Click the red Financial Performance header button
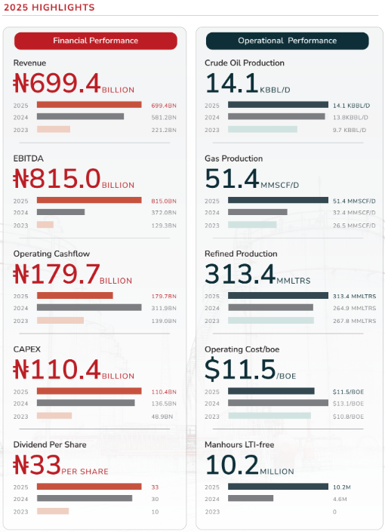tap(96, 41)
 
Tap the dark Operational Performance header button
tap(287, 41)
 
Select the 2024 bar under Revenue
tap(81, 117)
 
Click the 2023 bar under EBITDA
tap(45, 225)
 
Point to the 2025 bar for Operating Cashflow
tap(75, 296)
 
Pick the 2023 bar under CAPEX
tap(54, 416)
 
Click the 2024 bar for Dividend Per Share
tap(85, 498)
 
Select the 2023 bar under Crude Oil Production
tap(263, 129)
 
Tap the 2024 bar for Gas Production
tap(257, 212)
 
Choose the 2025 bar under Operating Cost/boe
tap(271, 391)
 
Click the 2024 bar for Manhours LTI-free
tap(251, 498)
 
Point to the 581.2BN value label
tap(164, 118)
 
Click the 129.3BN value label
tap(164, 226)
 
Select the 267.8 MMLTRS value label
tap(355, 321)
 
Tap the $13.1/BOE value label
tap(348, 404)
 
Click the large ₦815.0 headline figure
tap(57, 178)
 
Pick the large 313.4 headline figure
tap(240, 274)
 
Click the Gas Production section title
tap(233, 158)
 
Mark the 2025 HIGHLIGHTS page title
tap(49, 8)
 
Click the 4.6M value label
tap(340, 499)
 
